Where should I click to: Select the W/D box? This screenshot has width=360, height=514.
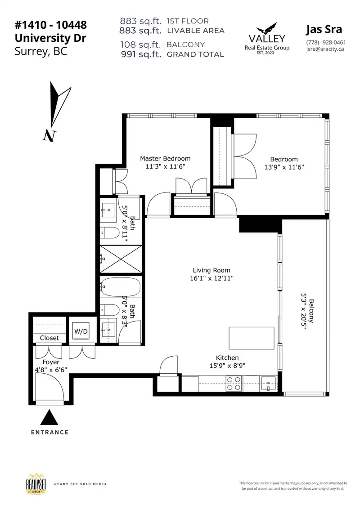81,331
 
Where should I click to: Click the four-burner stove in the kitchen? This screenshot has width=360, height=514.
234,384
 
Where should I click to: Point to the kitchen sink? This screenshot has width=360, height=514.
269,384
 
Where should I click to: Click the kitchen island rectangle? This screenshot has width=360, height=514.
252,338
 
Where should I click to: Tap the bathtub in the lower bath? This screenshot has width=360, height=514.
121,287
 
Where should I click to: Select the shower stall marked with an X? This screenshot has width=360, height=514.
121,259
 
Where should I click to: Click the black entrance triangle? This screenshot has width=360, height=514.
49,417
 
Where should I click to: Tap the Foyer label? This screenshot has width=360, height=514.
51,362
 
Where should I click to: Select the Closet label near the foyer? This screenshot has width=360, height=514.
49,338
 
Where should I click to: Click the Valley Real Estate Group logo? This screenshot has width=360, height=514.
267,38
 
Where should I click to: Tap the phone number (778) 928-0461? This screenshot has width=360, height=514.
326,42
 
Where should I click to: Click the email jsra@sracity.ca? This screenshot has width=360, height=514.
325,49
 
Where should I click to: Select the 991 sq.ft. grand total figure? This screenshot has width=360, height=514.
141,54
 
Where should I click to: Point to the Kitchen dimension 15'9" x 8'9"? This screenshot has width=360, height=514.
227,366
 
